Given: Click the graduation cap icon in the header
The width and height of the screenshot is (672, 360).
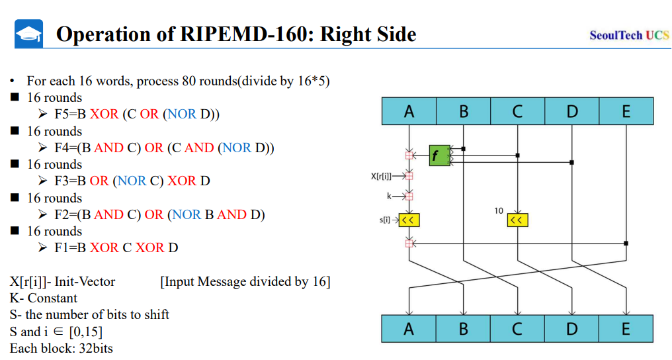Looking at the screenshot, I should coord(28,34).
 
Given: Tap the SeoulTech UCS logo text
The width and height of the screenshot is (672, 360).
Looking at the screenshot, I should coord(629,35).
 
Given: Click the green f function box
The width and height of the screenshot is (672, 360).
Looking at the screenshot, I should coord(439,156).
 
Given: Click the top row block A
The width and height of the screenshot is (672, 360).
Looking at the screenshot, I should coord(409,111).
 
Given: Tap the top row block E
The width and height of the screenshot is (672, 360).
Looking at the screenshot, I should coord(626,111).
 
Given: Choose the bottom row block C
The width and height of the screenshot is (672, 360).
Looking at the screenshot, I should coord(517,328).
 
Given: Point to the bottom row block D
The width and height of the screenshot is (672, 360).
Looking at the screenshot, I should coord(571,328).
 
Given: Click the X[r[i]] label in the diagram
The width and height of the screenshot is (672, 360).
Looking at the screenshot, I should coord(381,176).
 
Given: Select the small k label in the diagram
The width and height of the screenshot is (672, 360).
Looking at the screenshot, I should coord(390,196).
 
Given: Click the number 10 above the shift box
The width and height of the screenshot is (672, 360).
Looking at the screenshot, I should coord(499,210).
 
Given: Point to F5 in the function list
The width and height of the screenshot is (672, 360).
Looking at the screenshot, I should coord(63,114).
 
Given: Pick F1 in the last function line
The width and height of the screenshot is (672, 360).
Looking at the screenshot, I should coord(63,247).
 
